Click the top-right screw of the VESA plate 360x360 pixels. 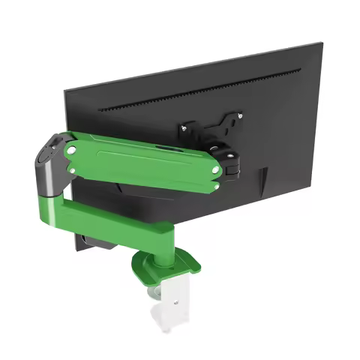point(240,115)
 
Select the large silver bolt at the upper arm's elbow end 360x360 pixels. point(70,149)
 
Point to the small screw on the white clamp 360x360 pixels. point(178,302)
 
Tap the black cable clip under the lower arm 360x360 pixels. point(94,242)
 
